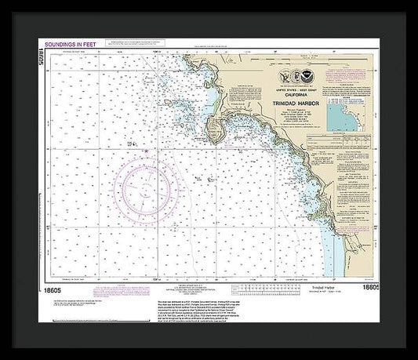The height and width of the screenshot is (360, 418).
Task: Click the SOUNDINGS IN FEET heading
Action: [x=71, y=45]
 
